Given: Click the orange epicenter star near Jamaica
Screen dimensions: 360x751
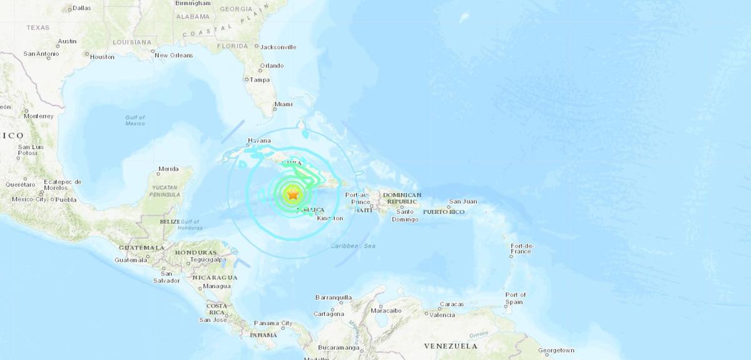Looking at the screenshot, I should click(292, 195).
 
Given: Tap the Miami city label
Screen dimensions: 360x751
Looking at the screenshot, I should click(284, 104).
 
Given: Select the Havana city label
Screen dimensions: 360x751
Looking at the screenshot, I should click(258, 140).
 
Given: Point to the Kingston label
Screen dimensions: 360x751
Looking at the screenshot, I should click(330, 219).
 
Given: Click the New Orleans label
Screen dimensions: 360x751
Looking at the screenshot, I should click(174, 55).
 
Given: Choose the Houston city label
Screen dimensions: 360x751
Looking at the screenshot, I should click(102, 57).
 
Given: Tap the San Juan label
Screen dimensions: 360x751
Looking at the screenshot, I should click(463, 202).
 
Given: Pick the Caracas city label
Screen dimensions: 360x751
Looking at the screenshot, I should click(451, 304).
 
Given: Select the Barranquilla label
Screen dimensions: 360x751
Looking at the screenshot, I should click(334, 297).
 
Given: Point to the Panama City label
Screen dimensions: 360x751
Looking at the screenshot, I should click(273, 324).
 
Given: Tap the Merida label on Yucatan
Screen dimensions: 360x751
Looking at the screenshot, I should click(168, 169).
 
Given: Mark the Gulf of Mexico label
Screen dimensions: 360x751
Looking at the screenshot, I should click(135, 120).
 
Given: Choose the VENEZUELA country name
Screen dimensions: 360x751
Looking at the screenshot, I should click(451, 346).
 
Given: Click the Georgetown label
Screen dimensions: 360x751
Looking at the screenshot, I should click(556, 350).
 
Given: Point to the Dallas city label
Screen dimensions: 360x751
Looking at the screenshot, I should click(81, 8).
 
